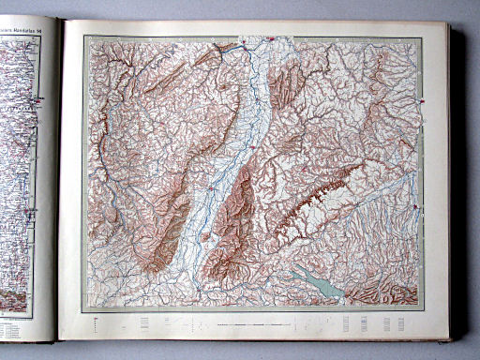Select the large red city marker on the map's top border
click(x=270, y=39)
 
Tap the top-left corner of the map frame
click(x=84, y=37)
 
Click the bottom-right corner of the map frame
click(x=422, y=309)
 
